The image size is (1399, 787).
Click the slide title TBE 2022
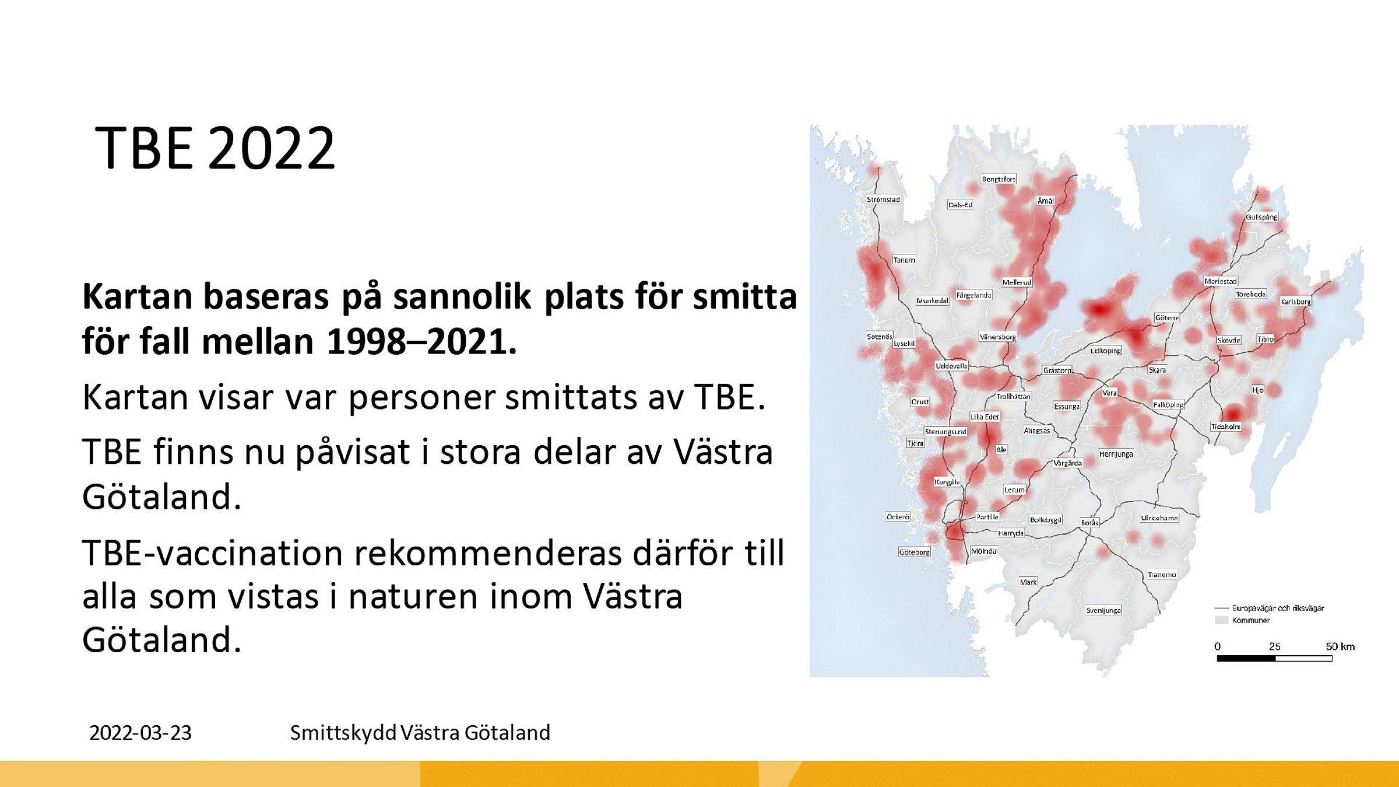point(215,148)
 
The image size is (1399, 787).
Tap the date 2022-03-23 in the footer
point(140,733)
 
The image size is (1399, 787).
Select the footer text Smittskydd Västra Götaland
point(420,733)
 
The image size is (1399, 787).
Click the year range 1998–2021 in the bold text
point(421,342)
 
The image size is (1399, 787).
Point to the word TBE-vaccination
point(212,553)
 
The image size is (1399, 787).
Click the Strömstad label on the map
point(883,200)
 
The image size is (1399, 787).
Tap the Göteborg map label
point(914,552)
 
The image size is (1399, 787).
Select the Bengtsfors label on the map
point(999,179)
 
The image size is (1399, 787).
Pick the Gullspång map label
point(1261,217)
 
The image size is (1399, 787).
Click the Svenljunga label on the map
point(1103,610)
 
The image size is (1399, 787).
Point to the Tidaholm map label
point(1226,426)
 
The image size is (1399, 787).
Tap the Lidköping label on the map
point(1106,351)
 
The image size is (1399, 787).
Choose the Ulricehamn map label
point(1159,518)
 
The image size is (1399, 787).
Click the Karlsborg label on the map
point(1295,302)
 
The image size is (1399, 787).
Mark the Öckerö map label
point(898,517)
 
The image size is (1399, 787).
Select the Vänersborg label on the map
point(997,337)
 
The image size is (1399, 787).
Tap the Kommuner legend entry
point(1251,620)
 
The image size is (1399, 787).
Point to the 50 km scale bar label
point(1340,646)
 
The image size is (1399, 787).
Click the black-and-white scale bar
point(1274,659)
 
